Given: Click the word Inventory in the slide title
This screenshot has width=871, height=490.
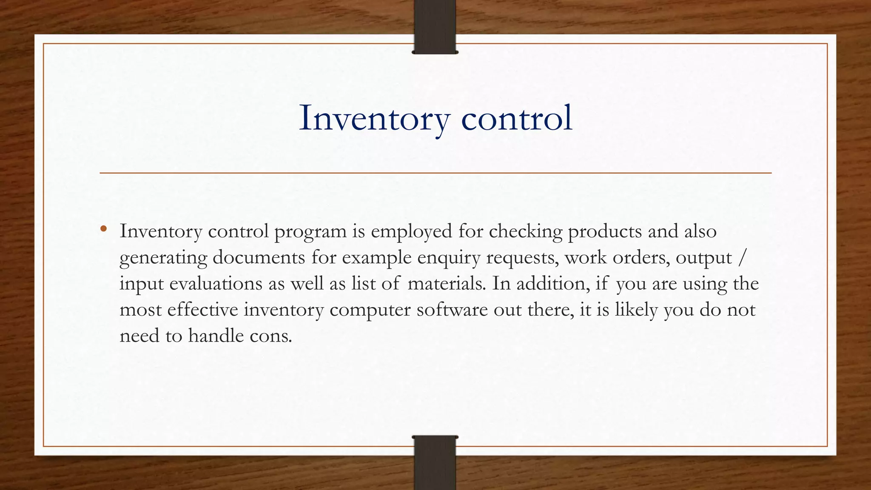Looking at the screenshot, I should point(374,118).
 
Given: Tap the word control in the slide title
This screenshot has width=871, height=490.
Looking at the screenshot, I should point(517,118).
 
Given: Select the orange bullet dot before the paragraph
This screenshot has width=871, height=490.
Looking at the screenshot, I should point(103,229).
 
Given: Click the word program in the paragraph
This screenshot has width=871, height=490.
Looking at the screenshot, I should point(310,232).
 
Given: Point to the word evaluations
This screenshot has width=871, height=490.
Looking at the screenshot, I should point(216,284).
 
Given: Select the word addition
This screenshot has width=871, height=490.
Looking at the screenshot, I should point(553,284).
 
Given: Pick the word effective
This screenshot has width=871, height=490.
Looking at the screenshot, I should point(202,310).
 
